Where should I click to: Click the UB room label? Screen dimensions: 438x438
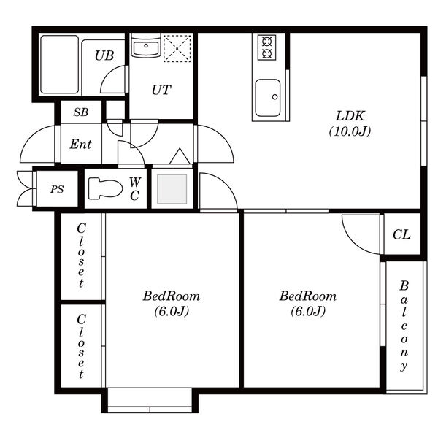104,55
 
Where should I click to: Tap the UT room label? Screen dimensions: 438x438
161,90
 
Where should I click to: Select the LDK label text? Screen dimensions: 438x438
350,116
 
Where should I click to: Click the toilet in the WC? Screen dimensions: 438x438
105,188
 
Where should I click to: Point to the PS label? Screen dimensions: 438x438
57,189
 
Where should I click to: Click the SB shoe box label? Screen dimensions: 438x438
81,112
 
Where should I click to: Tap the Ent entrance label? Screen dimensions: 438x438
80,144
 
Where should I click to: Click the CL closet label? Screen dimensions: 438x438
401,234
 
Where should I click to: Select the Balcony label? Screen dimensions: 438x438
404,326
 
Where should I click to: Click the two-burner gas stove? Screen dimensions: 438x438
266,47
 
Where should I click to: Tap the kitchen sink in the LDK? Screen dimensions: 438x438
268,98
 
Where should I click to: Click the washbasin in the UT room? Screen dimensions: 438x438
146,47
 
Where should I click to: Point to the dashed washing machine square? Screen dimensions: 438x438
177,48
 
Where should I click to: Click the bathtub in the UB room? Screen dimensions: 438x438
60,64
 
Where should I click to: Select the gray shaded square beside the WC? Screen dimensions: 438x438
172,189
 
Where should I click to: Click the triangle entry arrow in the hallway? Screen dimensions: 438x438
180,156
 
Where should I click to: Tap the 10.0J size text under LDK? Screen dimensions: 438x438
350,131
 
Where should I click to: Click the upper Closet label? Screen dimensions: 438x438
81,255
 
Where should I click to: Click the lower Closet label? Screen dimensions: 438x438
81,346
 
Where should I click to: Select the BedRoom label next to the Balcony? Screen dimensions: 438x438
308,296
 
